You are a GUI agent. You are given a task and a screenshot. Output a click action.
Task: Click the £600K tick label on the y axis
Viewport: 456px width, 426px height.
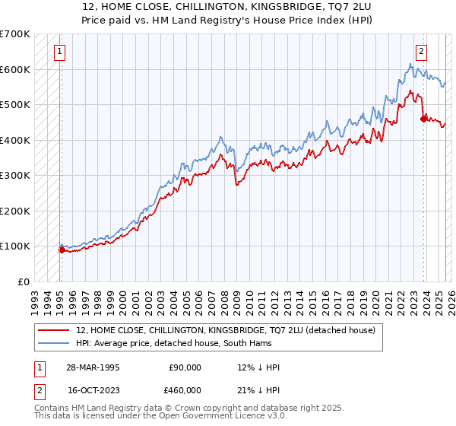15,69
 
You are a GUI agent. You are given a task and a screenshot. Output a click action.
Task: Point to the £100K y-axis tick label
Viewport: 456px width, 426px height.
15,246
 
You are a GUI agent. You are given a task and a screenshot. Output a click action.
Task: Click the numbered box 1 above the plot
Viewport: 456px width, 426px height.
59,52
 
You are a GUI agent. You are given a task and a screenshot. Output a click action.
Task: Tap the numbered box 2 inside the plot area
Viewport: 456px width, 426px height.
421,52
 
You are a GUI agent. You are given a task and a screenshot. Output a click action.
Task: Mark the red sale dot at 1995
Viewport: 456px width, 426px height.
62,250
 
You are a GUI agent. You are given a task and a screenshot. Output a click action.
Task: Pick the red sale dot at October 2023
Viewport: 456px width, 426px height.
423,118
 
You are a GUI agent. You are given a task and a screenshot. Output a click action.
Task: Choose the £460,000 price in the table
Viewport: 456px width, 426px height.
185,389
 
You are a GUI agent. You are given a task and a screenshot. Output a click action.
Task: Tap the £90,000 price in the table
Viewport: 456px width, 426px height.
185,367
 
